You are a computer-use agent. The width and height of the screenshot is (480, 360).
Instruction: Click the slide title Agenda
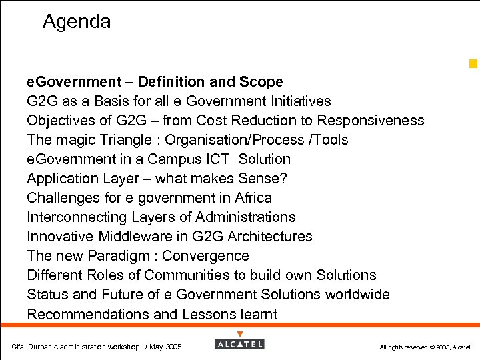tap(77, 22)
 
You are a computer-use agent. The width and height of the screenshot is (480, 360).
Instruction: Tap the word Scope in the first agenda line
tap(264, 82)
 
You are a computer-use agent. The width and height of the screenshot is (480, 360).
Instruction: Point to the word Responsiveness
tap(371, 121)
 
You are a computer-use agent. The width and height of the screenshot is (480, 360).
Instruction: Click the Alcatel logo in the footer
tap(239, 344)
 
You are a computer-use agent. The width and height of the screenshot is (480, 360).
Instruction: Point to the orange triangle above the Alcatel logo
tap(240, 334)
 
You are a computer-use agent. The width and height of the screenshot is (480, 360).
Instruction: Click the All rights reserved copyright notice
tap(425, 347)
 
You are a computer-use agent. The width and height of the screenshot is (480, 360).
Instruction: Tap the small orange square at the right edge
tap(473, 64)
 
